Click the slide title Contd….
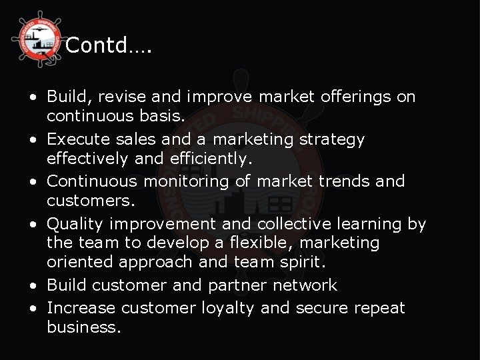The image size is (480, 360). pyautogui.click(x=109, y=46)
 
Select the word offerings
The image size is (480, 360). pyautogui.click(x=359, y=97)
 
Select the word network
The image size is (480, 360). pyautogui.click(x=307, y=285)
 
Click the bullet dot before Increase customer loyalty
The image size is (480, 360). pyautogui.click(x=33, y=308)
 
